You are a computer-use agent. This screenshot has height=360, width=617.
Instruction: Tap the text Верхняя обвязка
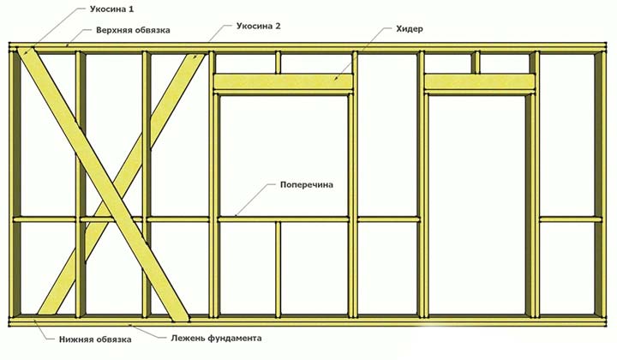[132, 30]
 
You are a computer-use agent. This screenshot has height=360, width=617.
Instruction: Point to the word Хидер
[410, 30]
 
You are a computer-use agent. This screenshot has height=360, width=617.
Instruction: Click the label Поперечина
[305, 184]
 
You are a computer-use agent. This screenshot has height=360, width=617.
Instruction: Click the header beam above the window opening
[283, 81]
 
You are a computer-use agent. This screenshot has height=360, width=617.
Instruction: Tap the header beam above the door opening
[480, 81]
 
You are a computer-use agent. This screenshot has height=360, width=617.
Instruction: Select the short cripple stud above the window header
[279, 63]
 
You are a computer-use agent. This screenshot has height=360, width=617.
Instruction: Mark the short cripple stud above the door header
[476, 63]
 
